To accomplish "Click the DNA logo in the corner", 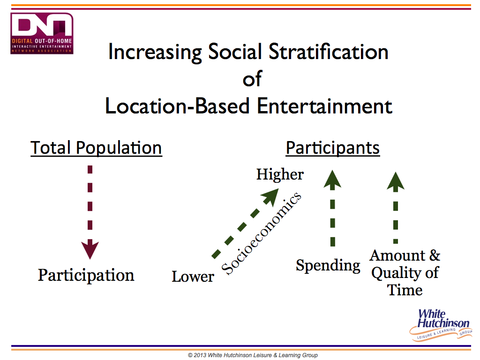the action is point(42,33).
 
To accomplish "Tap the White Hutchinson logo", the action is point(441,325).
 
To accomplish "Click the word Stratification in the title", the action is point(329,52).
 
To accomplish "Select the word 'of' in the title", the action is point(252,79).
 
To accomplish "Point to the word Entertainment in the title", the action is point(324,106).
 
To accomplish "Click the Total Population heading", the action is point(96,148).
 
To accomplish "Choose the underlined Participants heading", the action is point(333,148).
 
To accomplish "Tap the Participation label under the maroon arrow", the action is point(86,275).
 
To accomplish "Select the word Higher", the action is point(280,174).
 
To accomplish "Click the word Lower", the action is point(193,277).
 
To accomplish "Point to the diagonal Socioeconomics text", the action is point(262,233).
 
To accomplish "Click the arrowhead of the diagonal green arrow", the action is point(270,196).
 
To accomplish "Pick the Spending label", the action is point(328,265).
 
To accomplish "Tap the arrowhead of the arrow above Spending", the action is point(332,180).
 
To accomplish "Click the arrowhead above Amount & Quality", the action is point(396,181).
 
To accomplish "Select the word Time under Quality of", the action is point(405,290).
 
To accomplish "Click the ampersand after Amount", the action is point(435,255).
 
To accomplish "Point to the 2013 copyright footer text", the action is point(253,355).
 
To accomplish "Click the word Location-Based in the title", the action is point(177,106).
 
